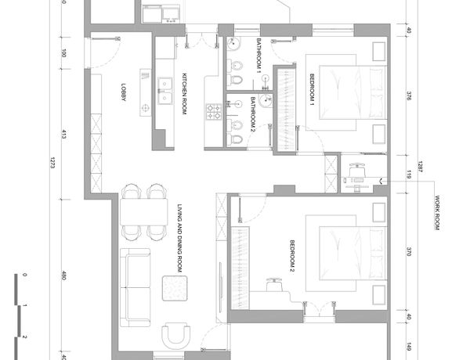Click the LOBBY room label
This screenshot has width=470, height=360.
pos(124,92)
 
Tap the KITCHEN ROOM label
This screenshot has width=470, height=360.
pos(184,94)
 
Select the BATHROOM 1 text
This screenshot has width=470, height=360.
pos(259,56)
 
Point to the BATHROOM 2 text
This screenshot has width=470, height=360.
pos(252,115)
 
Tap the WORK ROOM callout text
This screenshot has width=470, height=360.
pos(437,213)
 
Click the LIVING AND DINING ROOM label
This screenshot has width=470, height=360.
pos(180,239)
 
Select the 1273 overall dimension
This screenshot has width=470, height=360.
pos(52,163)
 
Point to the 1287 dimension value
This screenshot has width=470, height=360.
pos(420,167)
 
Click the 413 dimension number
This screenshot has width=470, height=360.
pos(63,135)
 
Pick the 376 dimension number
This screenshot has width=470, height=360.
pos(409,96)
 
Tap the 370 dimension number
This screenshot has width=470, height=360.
pos(409,251)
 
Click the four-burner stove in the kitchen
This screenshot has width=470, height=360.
pos(214,112)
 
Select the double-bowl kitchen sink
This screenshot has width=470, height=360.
pos(165,91)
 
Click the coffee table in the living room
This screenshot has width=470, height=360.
pos(175,289)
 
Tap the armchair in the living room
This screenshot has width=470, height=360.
pos(176,335)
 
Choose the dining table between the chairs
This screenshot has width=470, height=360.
pos(144,212)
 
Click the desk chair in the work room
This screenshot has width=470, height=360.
pos(357,170)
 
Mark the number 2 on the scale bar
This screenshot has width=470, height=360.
pos(24,337)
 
